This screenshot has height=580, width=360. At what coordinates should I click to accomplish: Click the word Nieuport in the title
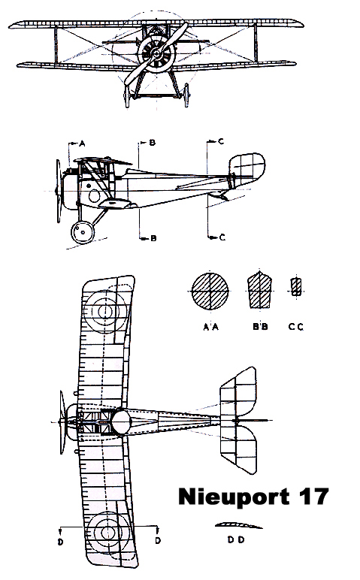[x=234, y=497]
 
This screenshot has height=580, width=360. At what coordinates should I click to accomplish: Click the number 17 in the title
[x=313, y=497]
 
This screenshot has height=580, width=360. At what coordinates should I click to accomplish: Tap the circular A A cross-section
[x=210, y=292]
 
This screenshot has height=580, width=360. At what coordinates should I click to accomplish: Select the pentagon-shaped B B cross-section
[x=260, y=290]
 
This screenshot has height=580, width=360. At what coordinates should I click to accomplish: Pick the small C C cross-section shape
[x=295, y=287]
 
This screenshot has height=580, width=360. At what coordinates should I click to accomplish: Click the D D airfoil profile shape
[x=239, y=525]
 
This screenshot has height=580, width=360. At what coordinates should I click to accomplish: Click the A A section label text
[x=211, y=327]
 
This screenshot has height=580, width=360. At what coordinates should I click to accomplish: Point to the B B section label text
[x=260, y=327]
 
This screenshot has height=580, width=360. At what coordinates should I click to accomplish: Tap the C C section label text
[x=295, y=327]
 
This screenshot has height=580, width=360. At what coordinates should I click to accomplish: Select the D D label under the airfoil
[x=236, y=539]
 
